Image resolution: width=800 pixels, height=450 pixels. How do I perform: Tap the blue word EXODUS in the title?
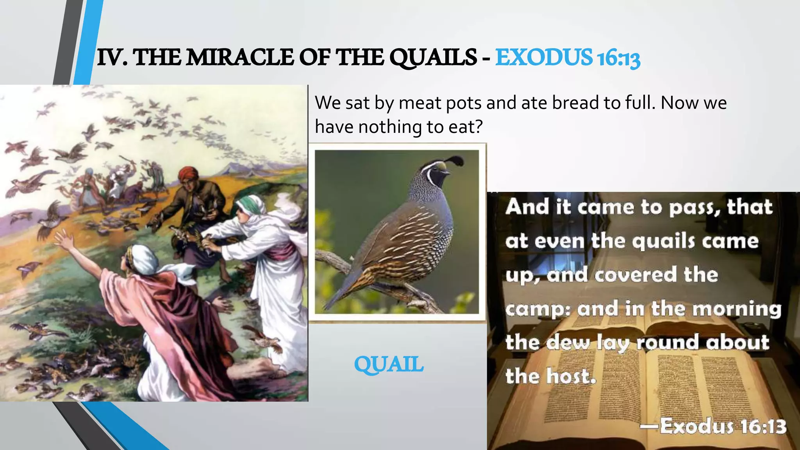click(x=544, y=57)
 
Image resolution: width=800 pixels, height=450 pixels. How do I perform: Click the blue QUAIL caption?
click(x=389, y=364)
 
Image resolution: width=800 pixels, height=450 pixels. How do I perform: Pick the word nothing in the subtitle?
click(x=389, y=127)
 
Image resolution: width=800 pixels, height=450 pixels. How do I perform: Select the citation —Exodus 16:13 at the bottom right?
click(x=713, y=426)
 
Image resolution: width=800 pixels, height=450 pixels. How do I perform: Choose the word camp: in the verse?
click(x=537, y=310)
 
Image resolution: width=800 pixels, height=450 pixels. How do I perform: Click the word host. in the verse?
click(x=571, y=376)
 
